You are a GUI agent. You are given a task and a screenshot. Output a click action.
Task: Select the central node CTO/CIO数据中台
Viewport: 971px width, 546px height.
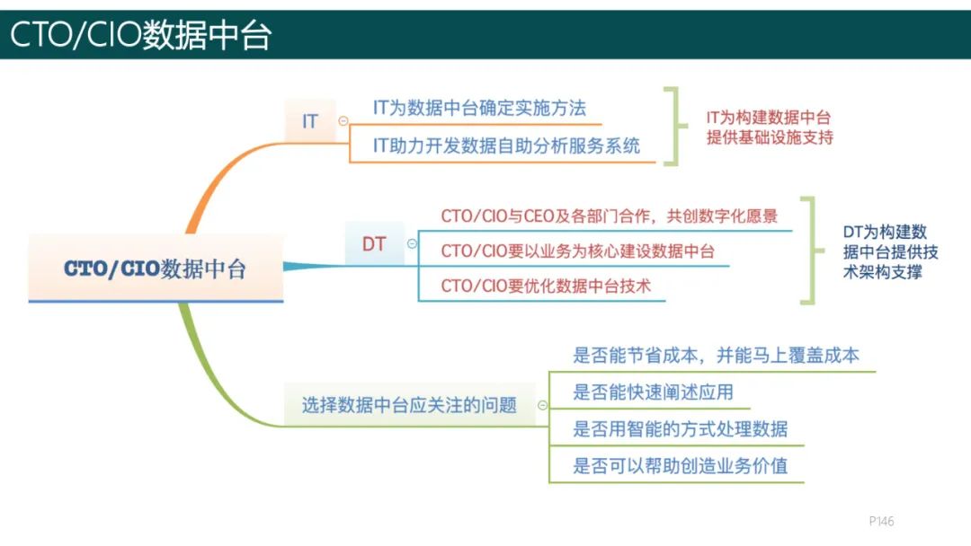tap(155, 269)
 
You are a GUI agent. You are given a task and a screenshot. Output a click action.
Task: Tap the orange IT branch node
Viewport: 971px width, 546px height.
tap(309, 120)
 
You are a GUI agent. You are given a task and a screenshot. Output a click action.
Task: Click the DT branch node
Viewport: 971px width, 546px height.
tap(374, 243)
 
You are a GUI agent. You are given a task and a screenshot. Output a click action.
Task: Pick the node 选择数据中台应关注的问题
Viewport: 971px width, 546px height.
tap(409, 405)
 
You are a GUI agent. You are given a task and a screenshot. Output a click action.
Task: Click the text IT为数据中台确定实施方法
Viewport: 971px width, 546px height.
tap(479, 108)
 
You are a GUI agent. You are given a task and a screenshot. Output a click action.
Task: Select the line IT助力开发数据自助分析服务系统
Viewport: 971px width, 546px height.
tap(506, 145)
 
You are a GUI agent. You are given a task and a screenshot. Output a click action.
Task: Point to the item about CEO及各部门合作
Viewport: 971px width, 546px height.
tap(609, 216)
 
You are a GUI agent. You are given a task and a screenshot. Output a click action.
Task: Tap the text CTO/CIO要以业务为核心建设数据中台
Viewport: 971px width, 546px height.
tap(577, 251)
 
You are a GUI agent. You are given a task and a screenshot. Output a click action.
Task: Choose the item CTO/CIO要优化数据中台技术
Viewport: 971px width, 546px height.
tap(546, 286)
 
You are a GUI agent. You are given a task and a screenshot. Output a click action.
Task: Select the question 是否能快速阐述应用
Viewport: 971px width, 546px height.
tap(653, 392)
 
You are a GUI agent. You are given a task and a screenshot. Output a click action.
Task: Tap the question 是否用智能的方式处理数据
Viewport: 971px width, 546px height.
tap(680, 428)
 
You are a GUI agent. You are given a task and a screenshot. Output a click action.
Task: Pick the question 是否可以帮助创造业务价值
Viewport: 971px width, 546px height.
tap(680, 466)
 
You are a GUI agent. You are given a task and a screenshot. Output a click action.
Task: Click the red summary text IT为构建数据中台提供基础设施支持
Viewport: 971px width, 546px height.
tap(769, 128)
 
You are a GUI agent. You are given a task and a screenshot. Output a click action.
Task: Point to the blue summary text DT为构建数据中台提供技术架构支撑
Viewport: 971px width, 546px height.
tap(885, 251)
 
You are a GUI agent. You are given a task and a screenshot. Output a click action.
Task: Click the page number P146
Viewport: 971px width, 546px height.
tap(881, 521)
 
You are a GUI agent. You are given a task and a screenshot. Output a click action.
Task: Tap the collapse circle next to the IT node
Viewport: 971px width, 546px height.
tap(343, 120)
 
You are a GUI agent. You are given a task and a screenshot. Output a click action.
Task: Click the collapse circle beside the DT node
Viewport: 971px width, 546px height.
tap(412, 243)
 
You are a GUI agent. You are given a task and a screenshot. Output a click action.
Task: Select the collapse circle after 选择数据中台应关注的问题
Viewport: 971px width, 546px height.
tap(542, 405)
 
